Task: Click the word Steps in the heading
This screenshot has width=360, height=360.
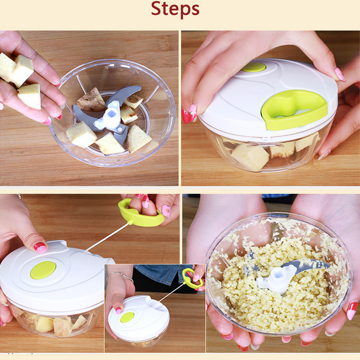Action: (175, 9)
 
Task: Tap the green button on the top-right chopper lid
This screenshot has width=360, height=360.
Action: (254, 67)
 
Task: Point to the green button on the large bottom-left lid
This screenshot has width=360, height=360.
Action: (43, 270)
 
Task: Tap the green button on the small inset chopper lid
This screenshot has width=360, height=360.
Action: (127, 317)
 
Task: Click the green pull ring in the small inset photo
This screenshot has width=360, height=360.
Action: (193, 278)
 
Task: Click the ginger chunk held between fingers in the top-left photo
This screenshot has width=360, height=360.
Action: (30, 96)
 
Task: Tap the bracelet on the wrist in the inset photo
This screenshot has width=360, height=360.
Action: (120, 276)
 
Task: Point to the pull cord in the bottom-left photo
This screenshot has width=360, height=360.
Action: (107, 237)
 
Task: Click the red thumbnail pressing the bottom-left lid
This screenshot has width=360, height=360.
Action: (40, 248)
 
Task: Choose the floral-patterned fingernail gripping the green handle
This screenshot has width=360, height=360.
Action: (166, 211)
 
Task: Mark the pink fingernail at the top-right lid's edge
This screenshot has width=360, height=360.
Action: (340, 75)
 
